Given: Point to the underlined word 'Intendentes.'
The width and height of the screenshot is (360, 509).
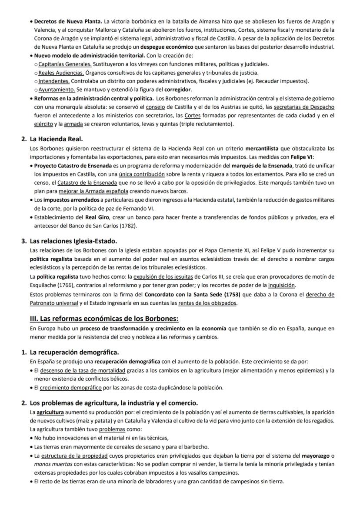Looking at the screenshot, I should (x=54, y=81).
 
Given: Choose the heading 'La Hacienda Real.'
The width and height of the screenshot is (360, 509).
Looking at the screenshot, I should (x=56, y=139).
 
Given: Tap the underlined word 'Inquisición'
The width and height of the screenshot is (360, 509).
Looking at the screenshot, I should (x=281, y=285).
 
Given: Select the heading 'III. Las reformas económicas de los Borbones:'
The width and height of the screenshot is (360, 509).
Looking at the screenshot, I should (x=104, y=319).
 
